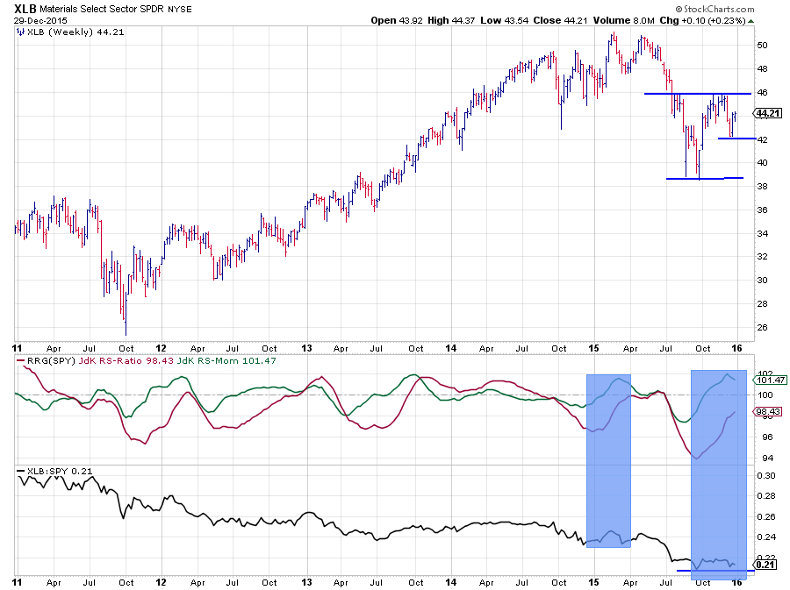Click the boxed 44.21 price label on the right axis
pos(768,113)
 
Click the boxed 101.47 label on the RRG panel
pos(768,380)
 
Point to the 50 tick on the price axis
pos(763,45)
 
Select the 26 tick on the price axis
pos(763,327)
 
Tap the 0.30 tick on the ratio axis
pos(765,476)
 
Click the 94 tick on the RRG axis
pos(763,458)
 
